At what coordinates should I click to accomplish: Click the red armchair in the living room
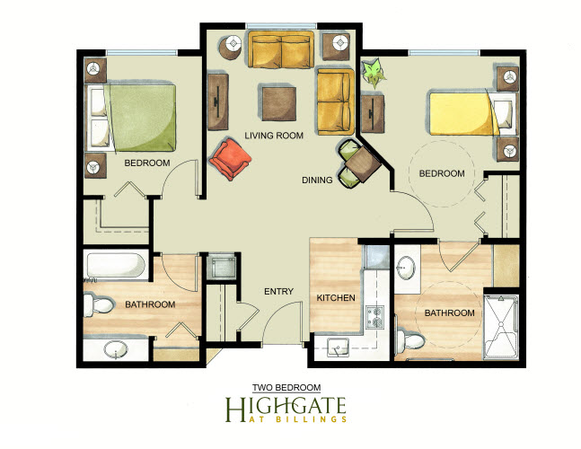point(230,159)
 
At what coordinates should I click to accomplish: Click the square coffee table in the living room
point(279,103)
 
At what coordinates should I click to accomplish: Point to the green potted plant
point(374,72)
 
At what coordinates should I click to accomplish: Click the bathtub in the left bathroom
point(116,265)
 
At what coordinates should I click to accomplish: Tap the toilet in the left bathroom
point(98,305)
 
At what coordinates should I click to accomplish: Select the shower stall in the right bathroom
point(500,327)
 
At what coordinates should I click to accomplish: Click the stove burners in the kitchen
point(375,317)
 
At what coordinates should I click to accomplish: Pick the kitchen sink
point(338,348)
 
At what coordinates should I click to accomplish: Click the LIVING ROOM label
point(274,136)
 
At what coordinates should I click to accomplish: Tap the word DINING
point(317,180)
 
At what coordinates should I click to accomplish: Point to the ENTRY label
point(278,292)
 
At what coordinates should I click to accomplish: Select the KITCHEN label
point(336,298)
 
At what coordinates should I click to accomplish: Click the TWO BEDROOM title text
point(286,388)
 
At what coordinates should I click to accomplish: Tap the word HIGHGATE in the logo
point(286,409)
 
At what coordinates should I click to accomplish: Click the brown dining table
point(363,164)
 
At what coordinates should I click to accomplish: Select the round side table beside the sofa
point(231,47)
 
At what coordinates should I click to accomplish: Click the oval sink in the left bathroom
point(116,349)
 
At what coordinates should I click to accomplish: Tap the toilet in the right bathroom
point(410,339)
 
